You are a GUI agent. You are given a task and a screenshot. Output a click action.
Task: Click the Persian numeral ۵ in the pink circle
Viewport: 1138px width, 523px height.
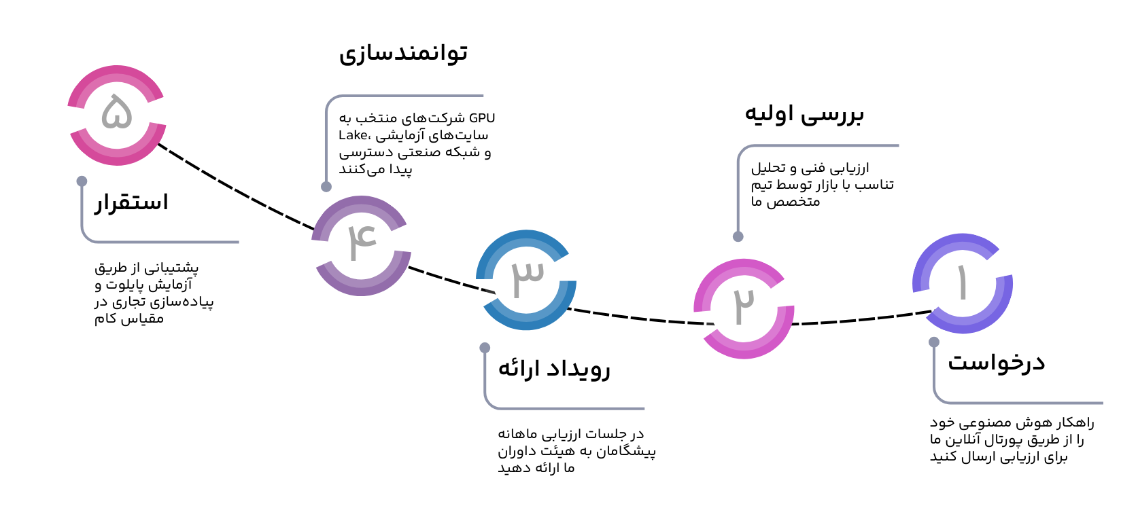pos(117,113)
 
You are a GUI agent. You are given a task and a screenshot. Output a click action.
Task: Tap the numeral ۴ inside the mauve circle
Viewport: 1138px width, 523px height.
pos(361,241)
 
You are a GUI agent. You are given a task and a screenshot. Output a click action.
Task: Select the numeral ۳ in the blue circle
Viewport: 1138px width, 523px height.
pos(527,276)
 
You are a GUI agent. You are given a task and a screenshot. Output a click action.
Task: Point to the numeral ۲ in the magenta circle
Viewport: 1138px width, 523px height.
pos(744,305)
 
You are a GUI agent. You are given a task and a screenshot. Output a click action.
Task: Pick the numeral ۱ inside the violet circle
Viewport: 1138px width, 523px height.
pos(962,282)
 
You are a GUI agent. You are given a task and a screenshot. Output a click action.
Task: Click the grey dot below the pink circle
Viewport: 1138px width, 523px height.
pos(82,181)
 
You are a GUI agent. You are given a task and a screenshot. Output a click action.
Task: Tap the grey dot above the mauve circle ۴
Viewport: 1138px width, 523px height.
pos(326,187)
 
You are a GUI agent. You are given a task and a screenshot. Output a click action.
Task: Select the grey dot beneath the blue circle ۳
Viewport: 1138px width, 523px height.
pos(485,348)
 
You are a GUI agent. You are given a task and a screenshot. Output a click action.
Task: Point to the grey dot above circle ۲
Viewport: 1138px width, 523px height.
pos(738,236)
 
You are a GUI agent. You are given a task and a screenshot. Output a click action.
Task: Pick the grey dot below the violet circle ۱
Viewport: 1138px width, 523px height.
pos(934,342)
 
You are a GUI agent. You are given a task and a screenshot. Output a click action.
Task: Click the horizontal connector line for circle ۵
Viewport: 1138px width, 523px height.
pos(170,242)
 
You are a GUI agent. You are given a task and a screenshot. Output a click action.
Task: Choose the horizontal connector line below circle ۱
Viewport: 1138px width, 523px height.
pos(1027,403)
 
